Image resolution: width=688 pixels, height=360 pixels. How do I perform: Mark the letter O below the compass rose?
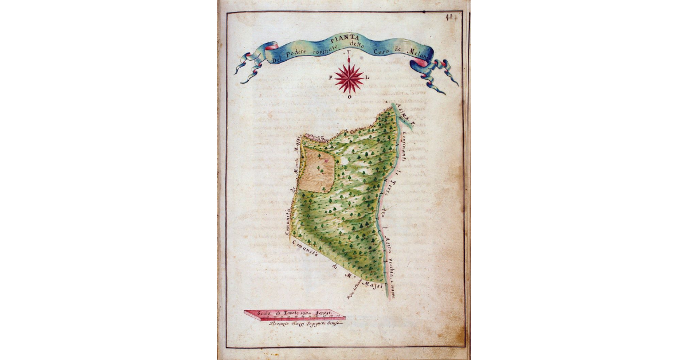(349, 98)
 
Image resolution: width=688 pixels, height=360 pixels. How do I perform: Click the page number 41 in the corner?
(449, 17)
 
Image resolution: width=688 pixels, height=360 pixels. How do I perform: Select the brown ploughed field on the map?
(316, 170)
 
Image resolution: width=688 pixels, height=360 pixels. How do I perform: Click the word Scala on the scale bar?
(265, 313)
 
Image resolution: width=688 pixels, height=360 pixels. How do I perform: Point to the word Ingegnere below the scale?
(320, 324)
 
